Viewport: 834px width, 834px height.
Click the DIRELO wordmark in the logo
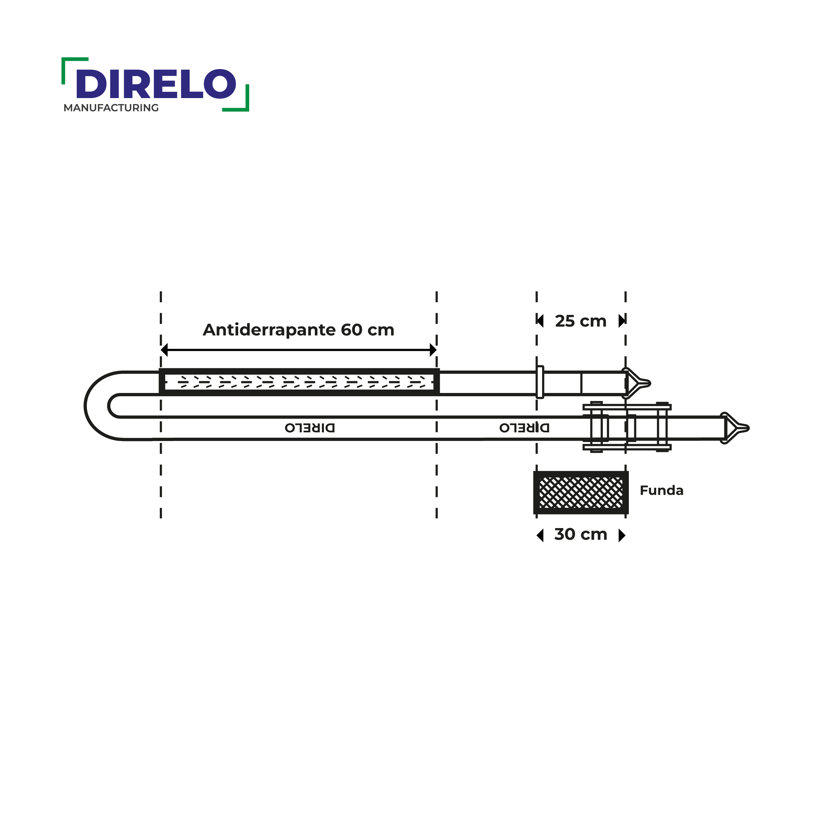[156, 84]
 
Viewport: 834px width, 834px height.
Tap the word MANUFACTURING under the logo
[111, 108]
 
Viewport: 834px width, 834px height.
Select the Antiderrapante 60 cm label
[298, 330]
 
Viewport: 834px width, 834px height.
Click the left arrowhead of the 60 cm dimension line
[164, 350]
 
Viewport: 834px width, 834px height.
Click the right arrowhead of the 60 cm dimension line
[433, 350]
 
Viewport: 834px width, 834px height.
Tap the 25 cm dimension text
[580, 321]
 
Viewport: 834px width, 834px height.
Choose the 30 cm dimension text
[580, 534]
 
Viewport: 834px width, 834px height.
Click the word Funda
[661, 490]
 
